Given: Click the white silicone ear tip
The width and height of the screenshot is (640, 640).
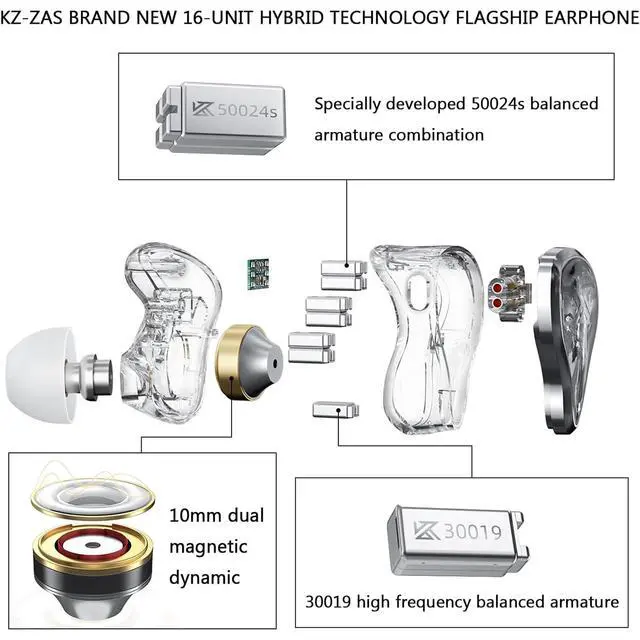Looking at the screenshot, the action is [39, 375].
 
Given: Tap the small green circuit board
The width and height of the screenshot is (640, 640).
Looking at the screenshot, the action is [258, 274].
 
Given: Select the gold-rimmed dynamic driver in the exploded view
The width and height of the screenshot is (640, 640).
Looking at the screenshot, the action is [249, 362].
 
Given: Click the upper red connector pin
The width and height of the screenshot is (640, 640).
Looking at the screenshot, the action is [497, 288].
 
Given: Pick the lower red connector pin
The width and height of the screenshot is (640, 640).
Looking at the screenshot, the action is [497, 303].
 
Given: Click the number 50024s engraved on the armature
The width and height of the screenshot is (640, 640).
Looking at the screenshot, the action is [247, 111].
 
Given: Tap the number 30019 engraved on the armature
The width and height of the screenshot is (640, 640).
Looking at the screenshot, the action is [473, 531].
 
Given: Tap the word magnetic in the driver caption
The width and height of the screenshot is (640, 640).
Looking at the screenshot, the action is [208, 547].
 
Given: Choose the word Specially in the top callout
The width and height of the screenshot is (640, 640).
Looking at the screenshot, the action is [347, 104].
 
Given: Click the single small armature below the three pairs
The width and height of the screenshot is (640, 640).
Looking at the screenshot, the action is [336, 410].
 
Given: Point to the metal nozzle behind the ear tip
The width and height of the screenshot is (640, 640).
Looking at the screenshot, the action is [95, 377].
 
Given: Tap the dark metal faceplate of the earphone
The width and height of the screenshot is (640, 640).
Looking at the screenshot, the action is [565, 340].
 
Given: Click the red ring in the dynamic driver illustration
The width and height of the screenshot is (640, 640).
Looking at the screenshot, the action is [93, 545].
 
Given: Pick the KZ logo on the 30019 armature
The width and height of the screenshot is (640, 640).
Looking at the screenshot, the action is [426, 530].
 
